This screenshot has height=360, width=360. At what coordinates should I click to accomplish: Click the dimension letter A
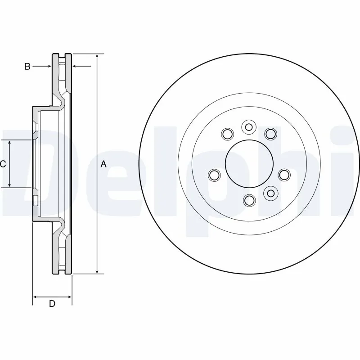coord(103,164)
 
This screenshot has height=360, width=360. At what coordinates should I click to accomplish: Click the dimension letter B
coord(27,67)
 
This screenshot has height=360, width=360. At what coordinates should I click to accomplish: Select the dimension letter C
coord(3,164)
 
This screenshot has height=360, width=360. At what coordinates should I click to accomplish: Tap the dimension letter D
coord(52,304)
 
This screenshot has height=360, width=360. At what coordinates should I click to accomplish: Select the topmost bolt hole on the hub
coord(248,127)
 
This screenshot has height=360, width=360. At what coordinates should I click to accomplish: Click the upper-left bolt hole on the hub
coord(227,134)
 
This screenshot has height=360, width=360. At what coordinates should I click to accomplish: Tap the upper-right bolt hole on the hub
coord(270,133)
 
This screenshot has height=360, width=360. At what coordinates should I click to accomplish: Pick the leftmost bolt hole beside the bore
coord(215,175)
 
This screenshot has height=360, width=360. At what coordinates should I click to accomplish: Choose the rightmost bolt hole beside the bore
coord(283,175)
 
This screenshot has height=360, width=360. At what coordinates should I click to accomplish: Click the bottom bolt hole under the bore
coord(249,199)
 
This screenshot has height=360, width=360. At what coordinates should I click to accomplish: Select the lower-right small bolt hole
coord(270,193)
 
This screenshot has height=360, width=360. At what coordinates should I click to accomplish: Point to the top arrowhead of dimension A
coord(97,56)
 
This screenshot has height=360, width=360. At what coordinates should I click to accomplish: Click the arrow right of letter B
coord(76,67)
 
